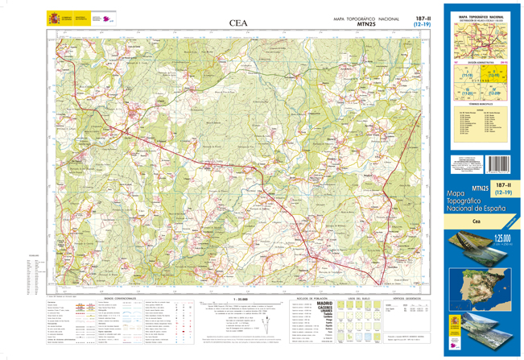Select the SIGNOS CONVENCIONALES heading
click(x=120, y=296)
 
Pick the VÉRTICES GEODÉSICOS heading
click(x=408, y=296)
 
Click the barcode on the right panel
click(x=497, y=165)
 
